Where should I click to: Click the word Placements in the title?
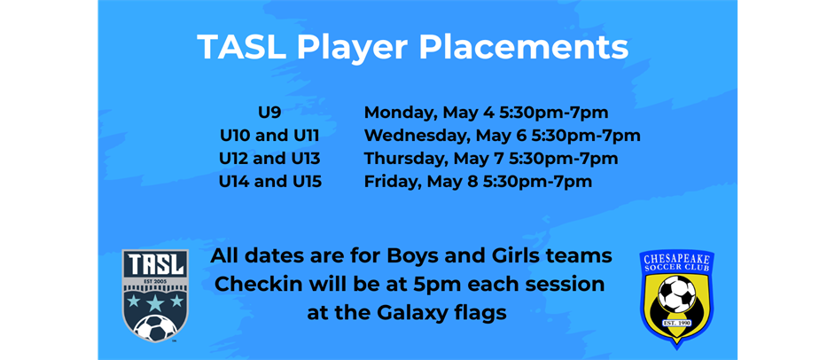tap(524, 47)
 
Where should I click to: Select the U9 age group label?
tap(269, 113)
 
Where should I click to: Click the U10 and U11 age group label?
tap(269, 136)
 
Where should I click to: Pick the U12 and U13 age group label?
tap(269, 159)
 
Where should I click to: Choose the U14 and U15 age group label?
tap(270, 182)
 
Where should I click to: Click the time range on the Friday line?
tap(537, 182)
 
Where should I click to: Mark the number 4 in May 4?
tap(489, 113)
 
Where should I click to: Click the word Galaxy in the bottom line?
tap(414, 314)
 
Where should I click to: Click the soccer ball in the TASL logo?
tap(155, 328)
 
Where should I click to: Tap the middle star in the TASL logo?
tap(155, 302)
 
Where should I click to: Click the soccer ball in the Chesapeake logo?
tap(677, 293)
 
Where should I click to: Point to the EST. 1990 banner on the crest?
tap(677, 323)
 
